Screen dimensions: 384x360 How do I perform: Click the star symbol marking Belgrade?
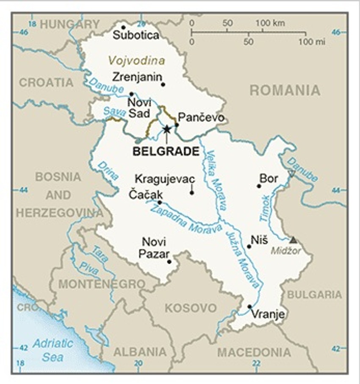click(x=166, y=129)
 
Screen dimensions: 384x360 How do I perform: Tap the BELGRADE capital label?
click(x=166, y=151)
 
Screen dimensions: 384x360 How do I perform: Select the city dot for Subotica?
click(x=123, y=28)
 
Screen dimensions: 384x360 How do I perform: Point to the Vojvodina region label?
click(x=136, y=60)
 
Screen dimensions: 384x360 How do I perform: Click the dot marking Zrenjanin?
click(x=163, y=84)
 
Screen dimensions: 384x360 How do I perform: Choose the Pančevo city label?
click(x=201, y=117)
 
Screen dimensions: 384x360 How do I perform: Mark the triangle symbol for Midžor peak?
click(x=293, y=240)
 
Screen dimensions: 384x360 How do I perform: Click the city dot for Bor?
click(x=259, y=186)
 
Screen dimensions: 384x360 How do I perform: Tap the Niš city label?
click(x=259, y=240)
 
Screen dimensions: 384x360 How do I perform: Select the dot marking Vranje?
click(x=249, y=307)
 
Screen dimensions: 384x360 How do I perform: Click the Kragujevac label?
click(x=165, y=179)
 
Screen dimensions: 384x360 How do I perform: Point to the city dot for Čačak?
click(x=160, y=203)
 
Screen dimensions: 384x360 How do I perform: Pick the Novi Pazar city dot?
click(x=169, y=262)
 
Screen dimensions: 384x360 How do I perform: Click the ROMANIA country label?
click(x=285, y=90)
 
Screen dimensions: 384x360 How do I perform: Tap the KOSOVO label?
click(x=191, y=308)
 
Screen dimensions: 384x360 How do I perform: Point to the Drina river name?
click(x=108, y=170)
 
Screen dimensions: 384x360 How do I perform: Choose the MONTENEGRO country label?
click(x=102, y=284)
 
